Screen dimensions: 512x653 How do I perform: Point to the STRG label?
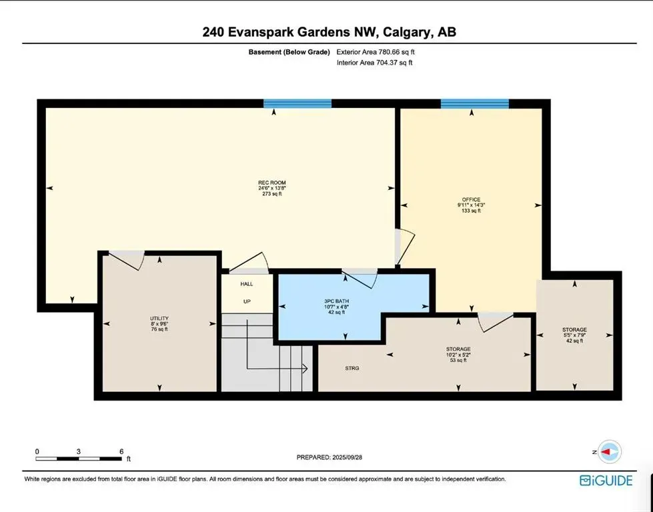(353, 368)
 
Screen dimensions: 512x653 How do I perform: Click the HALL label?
(247, 284)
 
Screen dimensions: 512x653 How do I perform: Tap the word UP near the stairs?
(247, 301)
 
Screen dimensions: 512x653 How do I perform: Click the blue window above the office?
(474, 103)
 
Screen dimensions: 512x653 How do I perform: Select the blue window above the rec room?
(297, 103)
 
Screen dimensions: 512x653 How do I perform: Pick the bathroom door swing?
(361, 278)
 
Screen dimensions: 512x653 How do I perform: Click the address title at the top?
(326, 32)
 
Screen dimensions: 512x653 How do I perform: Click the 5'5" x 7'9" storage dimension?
(574, 335)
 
